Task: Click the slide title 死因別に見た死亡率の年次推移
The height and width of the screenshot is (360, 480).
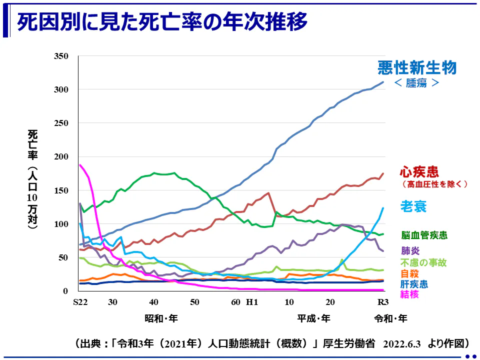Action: pyautogui.click(x=162, y=22)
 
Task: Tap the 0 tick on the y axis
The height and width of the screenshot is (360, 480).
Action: pyautogui.click(x=65, y=291)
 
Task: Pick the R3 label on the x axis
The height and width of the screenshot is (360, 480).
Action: pyautogui.click(x=382, y=302)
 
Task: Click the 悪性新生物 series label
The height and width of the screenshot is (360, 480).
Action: pyautogui.click(x=417, y=67)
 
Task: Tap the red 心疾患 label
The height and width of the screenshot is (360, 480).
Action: pyautogui.click(x=419, y=172)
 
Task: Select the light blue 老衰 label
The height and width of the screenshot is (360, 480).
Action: pyautogui.click(x=413, y=205)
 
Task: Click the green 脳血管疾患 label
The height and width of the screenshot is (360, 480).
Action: pyautogui.click(x=424, y=235)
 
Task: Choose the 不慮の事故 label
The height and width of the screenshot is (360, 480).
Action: pyautogui.click(x=423, y=262)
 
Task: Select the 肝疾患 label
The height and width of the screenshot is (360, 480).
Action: pyautogui.click(x=413, y=284)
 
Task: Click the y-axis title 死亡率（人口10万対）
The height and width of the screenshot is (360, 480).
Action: pyautogui.click(x=33, y=179)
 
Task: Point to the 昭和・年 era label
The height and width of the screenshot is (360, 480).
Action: pyautogui.click(x=161, y=318)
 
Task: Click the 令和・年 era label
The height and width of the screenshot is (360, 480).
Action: pyautogui.click(x=390, y=318)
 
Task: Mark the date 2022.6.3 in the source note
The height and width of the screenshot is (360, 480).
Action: pyautogui.click(x=402, y=343)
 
